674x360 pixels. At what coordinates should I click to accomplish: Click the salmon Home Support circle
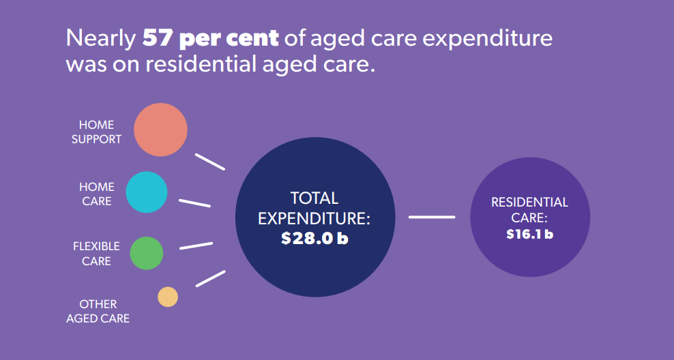(x=160, y=130)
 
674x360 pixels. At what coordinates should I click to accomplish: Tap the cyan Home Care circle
(x=146, y=192)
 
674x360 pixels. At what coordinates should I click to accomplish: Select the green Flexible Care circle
(x=146, y=253)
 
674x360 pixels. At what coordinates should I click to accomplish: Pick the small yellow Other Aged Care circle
(x=168, y=297)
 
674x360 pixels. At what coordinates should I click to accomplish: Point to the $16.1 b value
(x=529, y=234)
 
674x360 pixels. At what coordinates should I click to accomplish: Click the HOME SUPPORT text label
(x=96, y=132)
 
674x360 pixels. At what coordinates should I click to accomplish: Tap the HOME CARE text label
(x=96, y=194)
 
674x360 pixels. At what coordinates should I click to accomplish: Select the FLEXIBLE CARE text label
(x=96, y=253)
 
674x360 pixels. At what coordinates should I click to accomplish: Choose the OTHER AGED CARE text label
(x=98, y=311)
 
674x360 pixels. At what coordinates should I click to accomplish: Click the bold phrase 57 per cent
(x=210, y=38)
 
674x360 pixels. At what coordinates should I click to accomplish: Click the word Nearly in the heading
(x=101, y=38)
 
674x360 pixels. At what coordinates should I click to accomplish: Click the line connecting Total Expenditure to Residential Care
(x=432, y=217)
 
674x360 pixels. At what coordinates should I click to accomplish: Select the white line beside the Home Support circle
(x=209, y=162)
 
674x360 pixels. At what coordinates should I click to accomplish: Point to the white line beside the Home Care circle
(x=194, y=202)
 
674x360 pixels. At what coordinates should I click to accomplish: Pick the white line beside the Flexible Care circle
(x=196, y=245)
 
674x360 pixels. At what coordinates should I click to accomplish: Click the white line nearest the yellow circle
(x=210, y=278)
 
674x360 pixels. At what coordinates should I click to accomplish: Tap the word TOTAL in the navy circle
(x=314, y=198)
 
